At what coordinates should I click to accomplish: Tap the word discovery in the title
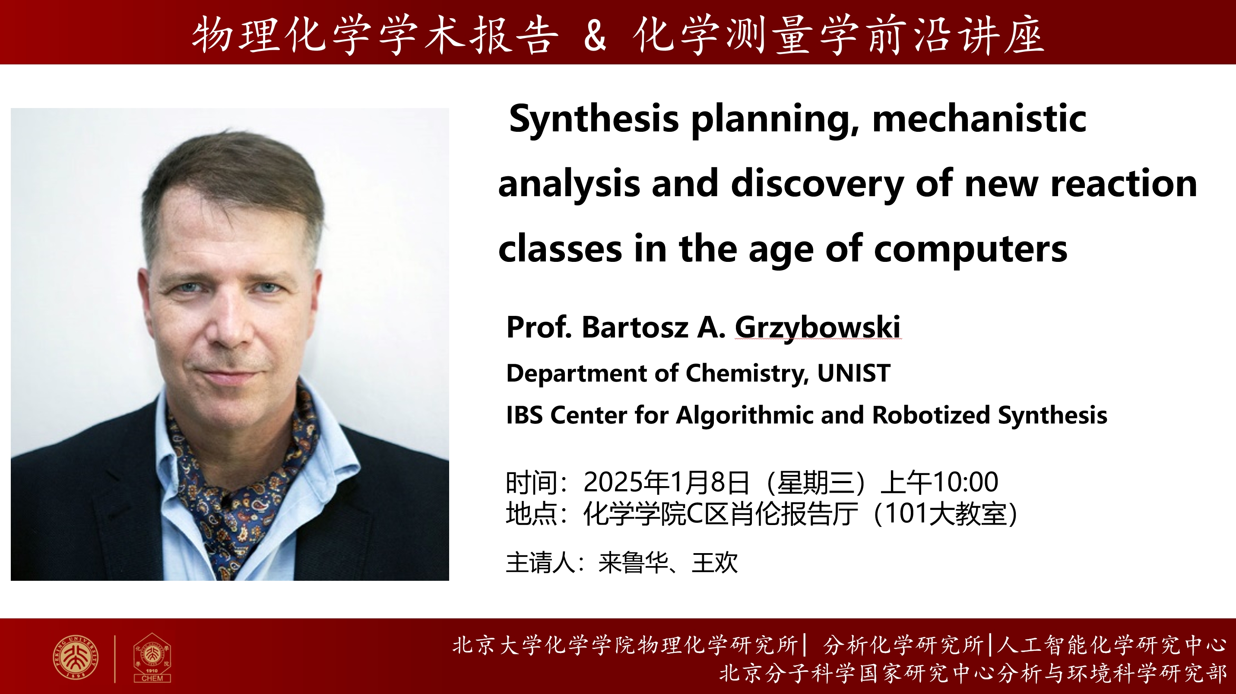[818, 185]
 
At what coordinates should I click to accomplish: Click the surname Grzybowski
[818, 328]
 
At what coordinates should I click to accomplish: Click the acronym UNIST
[854, 373]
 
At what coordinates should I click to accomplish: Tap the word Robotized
[931, 415]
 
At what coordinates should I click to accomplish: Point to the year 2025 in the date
[613, 482]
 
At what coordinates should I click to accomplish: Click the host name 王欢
[714, 563]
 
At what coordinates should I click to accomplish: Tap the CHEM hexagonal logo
[152, 658]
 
